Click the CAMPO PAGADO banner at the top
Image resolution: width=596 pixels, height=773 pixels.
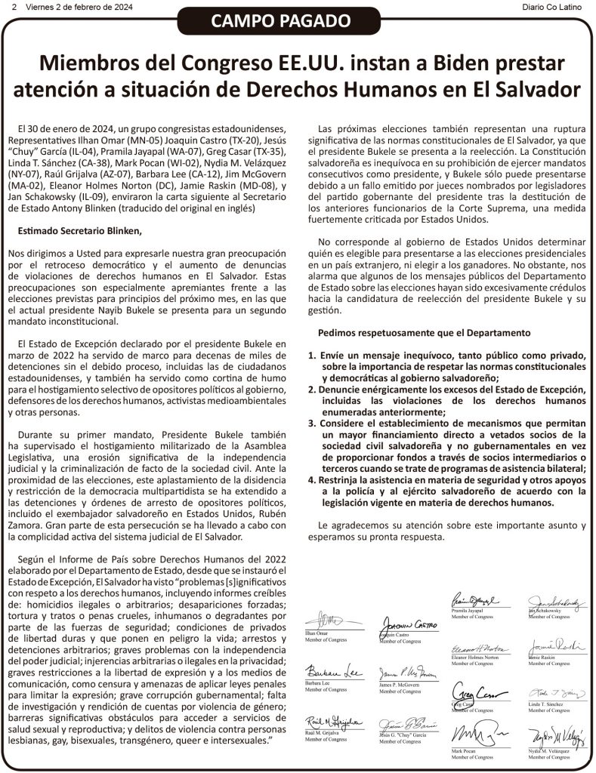point(298,22)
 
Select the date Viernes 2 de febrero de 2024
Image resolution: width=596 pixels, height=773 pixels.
point(79,7)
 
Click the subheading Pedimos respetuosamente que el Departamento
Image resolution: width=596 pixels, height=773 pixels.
point(424,332)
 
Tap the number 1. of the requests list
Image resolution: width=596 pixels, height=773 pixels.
point(312,355)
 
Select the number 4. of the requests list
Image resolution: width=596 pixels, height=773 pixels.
point(312,479)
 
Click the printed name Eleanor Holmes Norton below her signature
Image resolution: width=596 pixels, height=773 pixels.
point(475,658)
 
